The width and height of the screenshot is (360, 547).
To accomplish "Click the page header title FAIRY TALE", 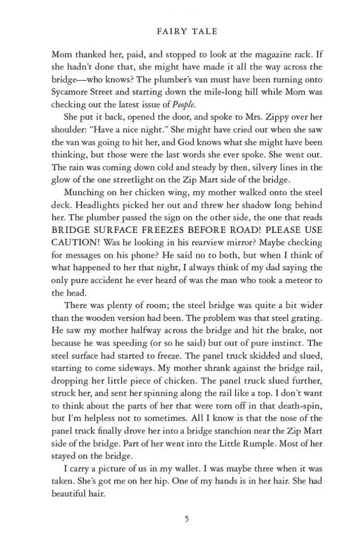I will click(x=187, y=32).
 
